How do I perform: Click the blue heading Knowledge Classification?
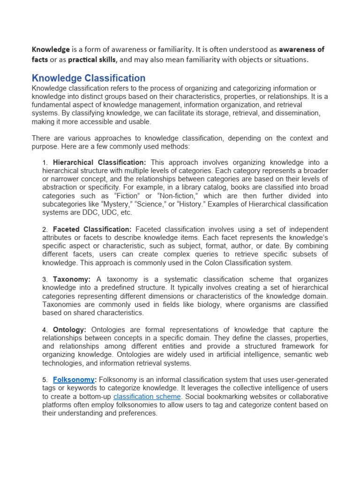(88, 78)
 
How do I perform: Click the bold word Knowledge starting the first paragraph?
(51, 49)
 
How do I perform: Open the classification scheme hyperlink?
(147, 396)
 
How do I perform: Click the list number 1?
(45, 163)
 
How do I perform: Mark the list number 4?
(45, 330)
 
